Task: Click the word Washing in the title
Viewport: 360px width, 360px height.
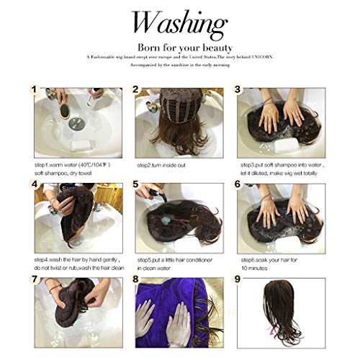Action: (x=179, y=24)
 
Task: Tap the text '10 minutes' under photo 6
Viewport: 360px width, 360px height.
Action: (x=254, y=266)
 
